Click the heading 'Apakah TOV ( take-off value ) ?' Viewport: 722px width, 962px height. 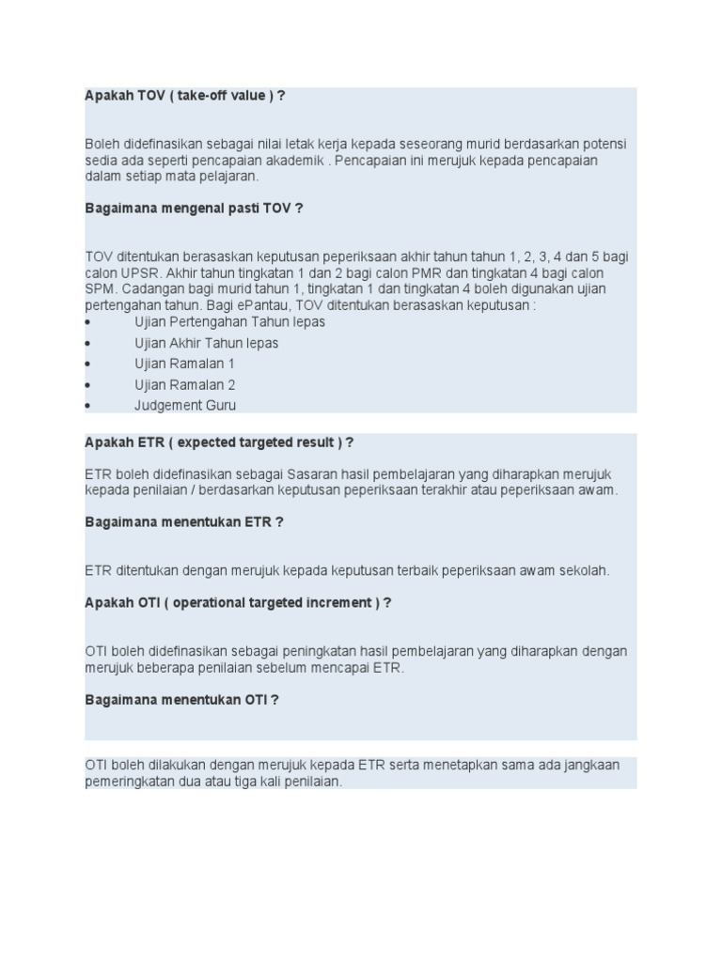pyautogui.click(x=184, y=96)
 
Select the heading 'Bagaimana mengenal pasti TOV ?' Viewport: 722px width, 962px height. pyautogui.click(x=194, y=209)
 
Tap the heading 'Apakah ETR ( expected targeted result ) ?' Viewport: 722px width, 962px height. pyautogui.click(x=219, y=442)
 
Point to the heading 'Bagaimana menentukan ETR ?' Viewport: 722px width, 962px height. pyautogui.click(x=184, y=521)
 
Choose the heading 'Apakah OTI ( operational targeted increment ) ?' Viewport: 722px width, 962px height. pyautogui.click(x=238, y=602)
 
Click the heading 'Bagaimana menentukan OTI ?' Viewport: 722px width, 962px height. pyautogui.click(x=181, y=699)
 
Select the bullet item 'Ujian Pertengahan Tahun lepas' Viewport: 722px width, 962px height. pyautogui.click(x=229, y=321)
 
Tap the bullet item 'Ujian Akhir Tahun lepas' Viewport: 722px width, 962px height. pyautogui.click(x=206, y=343)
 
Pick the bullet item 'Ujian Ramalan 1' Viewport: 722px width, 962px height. pyautogui.click(x=184, y=364)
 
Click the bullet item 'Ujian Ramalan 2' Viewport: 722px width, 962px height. pyautogui.click(x=184, y=384)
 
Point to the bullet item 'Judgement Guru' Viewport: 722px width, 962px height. pyautogui.click(x=185, y=406)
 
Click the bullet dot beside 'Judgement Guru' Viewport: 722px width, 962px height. pyautogui.click(x=87, y=407)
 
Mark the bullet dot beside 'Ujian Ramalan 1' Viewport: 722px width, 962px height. pyautogui.click(x=87, y=365)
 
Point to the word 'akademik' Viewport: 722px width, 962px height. pyautogui.click(x=288, y=161)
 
